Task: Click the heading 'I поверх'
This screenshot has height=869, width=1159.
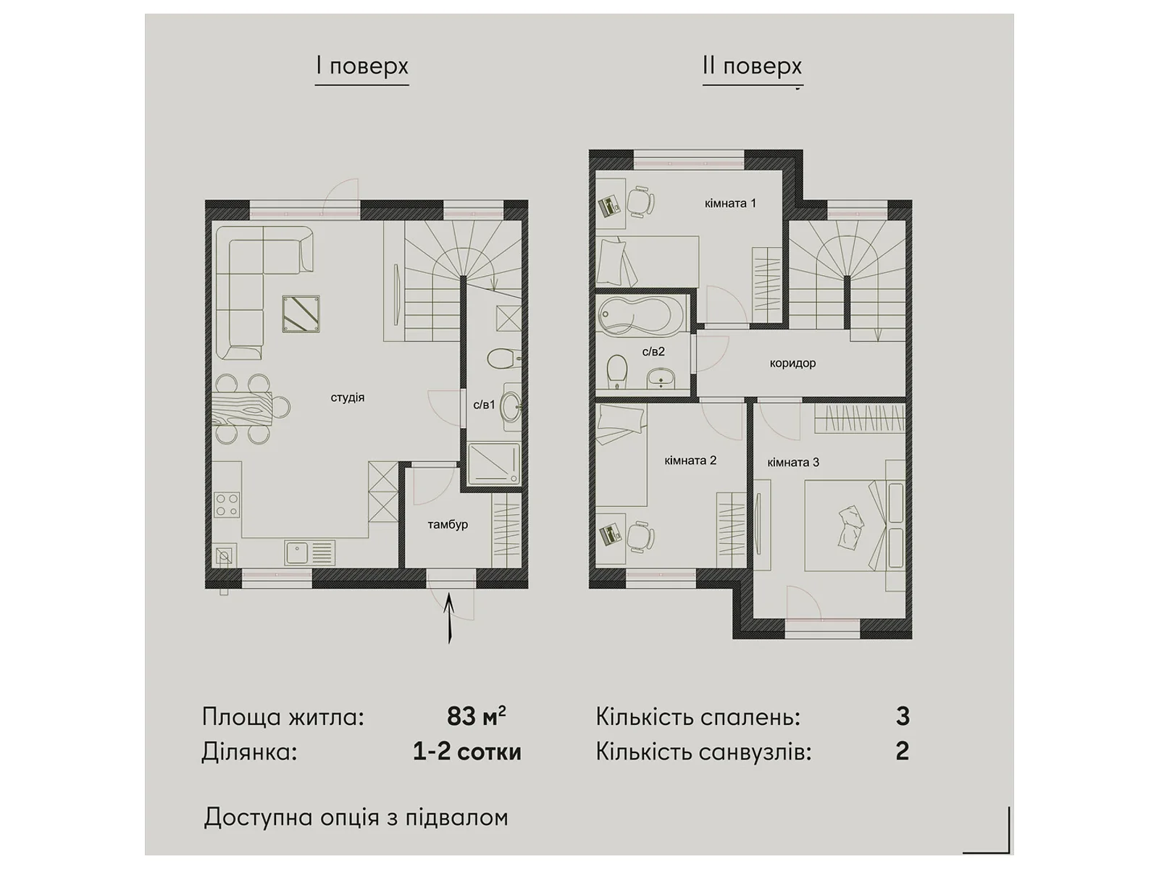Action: pos(362,67)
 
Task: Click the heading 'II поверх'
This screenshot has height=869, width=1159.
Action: pos(753,67)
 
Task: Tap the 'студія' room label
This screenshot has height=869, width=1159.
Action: pos(348,398)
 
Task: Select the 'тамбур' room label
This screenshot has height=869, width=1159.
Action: pos(448,525)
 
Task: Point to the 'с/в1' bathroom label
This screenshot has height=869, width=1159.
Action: pos(484,405)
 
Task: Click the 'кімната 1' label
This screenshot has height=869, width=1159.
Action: pos(730,203)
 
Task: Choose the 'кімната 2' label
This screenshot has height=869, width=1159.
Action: pos(690,461)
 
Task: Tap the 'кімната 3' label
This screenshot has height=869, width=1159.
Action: pos(793,463)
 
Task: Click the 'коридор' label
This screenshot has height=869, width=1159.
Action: pos(792,364)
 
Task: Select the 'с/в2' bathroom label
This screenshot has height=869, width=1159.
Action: pos(653,351)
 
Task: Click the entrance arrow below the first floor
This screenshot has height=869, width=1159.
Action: pos(449,618)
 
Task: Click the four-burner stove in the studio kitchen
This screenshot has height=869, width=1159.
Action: pos(227,504)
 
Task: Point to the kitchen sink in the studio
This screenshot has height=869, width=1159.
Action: pos(309,553)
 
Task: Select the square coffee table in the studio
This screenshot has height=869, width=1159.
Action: pos(301,314)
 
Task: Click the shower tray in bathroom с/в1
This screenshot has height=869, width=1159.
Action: pos(494,463)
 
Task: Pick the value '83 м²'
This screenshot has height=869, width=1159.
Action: pos(476,716)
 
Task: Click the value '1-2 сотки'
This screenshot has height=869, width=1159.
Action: pos(466,752)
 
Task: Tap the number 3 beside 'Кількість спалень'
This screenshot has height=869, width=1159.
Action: pos(903,716)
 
